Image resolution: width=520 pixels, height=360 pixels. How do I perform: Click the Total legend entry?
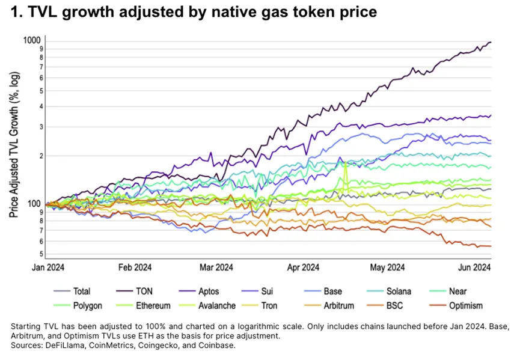click(82, 291)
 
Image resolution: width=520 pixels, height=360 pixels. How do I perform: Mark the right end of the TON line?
click(491, 42)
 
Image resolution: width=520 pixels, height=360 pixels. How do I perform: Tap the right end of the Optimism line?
click(491, 246)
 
